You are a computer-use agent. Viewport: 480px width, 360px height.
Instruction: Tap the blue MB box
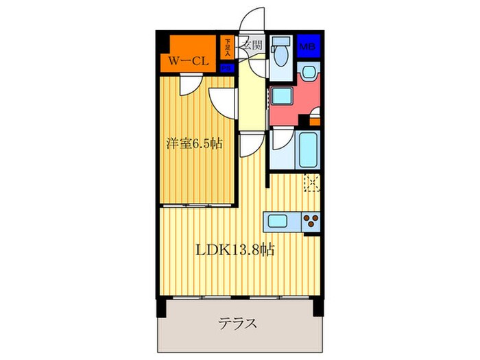(308, 46)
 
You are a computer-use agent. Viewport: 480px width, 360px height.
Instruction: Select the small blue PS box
(227, 68)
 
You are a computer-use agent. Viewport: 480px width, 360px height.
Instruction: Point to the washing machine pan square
(281, 96)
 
